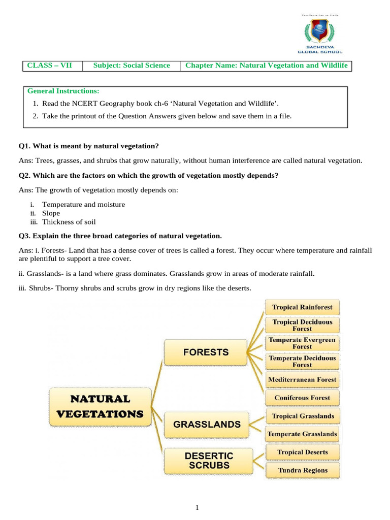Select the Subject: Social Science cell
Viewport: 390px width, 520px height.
pyautogui.click(x=132, y=66)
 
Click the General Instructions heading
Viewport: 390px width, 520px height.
pyautogui.click(x=63, y=91)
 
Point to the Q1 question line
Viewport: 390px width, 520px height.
pyautogui.click(x=89, y=146)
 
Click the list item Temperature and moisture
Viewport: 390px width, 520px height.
pyautogui.click(x=83, y=204)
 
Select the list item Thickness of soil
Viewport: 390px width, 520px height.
pyautogui.click(x=70, y=221)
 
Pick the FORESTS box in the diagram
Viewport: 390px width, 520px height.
pyautogui.click(x=205, y=352)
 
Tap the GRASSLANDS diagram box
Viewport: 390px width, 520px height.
pyautogui.click(x=207, y=424)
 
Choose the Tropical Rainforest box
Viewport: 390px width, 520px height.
pyautogui.click(x=302, y=307)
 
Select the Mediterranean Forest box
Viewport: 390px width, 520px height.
pyautogui.click(x=302, y=379)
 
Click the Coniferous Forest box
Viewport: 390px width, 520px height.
pyautogui.click(x=302, y=398)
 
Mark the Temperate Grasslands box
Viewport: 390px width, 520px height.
pyautogui.click(x=302, y=434)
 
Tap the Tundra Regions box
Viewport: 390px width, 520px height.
pyautogui.click(x=303, y=470)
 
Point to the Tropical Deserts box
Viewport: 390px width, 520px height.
pyautogui.click(x=303, y=452)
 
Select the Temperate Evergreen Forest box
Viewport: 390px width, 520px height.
pyautogui.click(x=302, y=343)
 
